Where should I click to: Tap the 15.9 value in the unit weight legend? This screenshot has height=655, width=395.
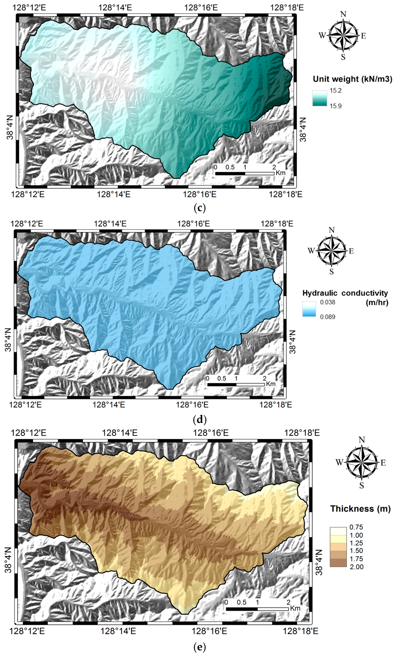coord(335,106)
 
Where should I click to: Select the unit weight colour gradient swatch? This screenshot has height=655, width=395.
coord(319,98)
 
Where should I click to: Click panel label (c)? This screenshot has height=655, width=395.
coord(200,208)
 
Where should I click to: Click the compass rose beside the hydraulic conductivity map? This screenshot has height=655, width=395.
coord(331,251)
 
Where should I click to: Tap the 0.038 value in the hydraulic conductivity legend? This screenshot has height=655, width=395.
coord(327,302)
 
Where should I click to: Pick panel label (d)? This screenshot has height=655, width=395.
coord(200,419)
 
